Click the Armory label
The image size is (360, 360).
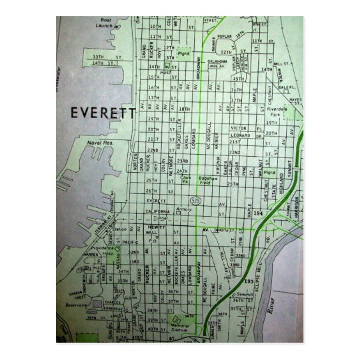click(185, 209)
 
